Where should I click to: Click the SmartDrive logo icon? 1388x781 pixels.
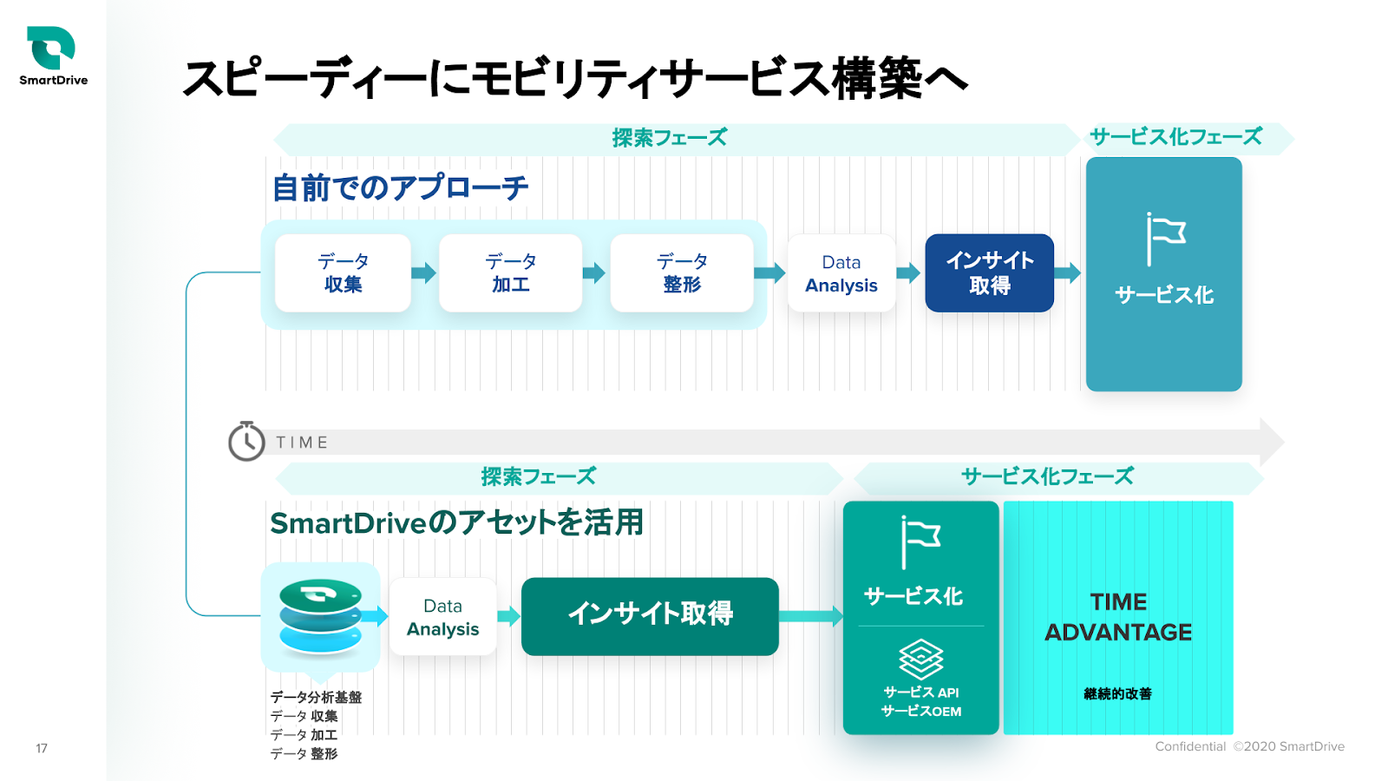[51, 47]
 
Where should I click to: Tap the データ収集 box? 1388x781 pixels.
[343, 272]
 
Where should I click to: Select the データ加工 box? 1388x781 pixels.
[511, 272]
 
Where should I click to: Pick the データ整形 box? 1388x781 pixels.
[682, 272]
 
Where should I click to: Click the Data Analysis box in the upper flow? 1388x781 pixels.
[841, 272]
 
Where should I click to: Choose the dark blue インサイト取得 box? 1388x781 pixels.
[990, 272]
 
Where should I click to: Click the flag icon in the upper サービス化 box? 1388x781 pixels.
[1165, 239]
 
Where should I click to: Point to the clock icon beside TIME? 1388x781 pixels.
[246, 442]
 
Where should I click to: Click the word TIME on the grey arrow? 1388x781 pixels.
[302, 443]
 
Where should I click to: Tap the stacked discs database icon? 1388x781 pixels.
[320, 616]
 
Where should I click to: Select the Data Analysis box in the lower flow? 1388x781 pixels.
[443, 617]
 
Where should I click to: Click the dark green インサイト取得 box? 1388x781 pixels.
[650, 616]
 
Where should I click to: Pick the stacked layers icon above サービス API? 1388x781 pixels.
[920, 659]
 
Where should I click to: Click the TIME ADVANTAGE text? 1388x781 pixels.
[1118, 617]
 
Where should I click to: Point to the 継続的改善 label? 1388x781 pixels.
[1118, 693]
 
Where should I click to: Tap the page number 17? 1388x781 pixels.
[42, 748]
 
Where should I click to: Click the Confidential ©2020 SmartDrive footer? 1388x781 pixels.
[1250, 746]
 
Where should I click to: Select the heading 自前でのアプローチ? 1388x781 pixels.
[400, 187]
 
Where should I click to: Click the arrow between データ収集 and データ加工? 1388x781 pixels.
[424, 272]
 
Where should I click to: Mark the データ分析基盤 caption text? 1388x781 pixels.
[316, 698]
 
